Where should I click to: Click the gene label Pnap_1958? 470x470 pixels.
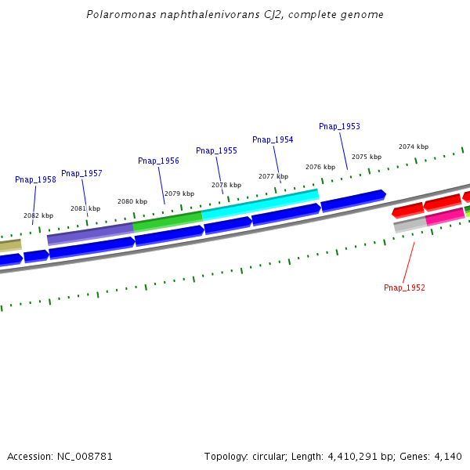35,179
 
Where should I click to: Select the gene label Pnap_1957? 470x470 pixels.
81,173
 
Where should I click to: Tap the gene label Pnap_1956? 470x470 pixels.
158,161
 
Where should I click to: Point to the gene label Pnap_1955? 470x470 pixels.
216,150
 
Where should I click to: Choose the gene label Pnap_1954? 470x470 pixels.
273,139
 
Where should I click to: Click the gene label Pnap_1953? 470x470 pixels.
339,126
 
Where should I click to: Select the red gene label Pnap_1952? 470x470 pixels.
404,287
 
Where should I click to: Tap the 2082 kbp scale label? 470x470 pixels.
38,215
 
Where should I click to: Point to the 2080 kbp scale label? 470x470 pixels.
132,201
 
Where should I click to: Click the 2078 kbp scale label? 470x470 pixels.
226,185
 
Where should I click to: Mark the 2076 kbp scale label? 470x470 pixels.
320,167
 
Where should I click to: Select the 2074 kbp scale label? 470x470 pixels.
414,146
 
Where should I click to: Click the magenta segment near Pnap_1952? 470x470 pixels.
445,217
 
